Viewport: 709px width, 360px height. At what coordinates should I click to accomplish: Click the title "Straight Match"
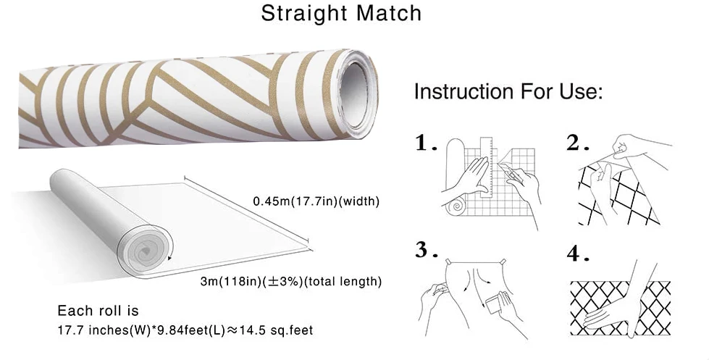[341, 14]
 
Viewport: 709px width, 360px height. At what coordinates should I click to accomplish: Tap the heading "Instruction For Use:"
[508, 93]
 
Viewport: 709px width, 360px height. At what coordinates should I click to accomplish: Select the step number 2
[574, 143]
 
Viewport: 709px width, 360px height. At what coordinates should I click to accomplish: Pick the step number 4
[574, 254]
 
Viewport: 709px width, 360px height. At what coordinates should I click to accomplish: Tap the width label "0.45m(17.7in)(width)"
[316, 201]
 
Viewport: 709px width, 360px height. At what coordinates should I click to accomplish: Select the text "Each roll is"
[98, 311]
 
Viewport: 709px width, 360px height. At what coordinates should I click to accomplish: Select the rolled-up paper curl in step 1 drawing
[456, 206]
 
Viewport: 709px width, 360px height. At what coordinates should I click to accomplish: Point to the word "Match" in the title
[388, 14]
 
